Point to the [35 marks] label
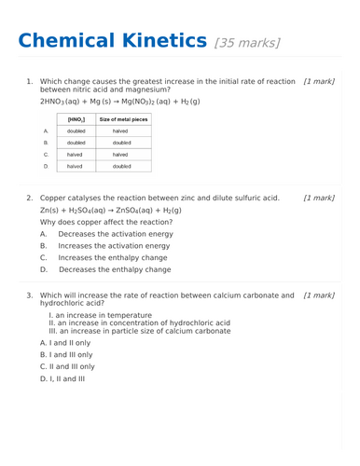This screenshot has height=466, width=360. (247, 43)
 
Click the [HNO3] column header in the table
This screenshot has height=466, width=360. (76, 119)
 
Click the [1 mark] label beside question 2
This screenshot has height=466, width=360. (319, 199)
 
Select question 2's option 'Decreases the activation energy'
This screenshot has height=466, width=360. (115, 234)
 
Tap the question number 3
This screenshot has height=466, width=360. (29, 295)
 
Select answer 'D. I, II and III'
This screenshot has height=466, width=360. (62, 379)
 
